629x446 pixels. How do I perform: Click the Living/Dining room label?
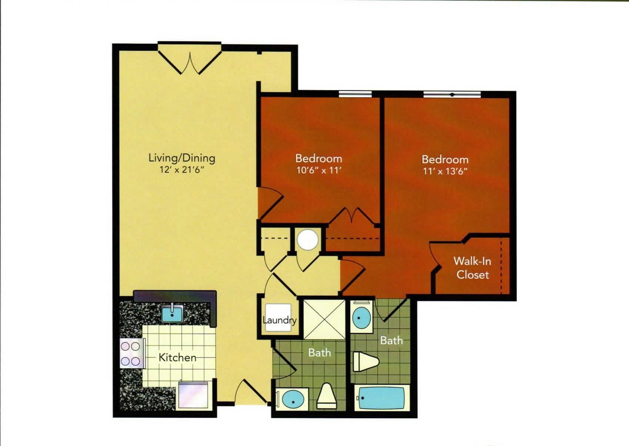pyautogui.click(x=182, y=158)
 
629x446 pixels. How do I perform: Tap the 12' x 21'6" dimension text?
pyautogui.click(x=181, y=170)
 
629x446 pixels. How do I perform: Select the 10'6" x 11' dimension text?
pyautogui.click(x=319, y=170)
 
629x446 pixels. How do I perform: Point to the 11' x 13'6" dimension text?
pyautogui.click(x=445, y=171)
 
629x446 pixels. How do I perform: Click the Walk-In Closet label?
pyautogui.click(x=472, y=268)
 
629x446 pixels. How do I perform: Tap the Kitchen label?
pyautogui.click(x=177, y=357)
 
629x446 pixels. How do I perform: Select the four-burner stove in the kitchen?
pyautogui.click(x=132, y=353)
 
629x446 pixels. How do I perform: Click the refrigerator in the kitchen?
pyautogui.click(x=194, y=395)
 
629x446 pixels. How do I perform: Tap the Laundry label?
pyautogui.click(x=279, y=320)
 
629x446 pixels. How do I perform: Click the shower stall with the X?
pyautogui.click(x=324, y=320)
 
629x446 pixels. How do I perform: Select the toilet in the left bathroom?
pyautogui.click(x=326, y=396)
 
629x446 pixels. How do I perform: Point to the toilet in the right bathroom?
pyautogui.click(x=366, y=362)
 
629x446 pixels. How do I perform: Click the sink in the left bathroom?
pyautogui.click(x=292, y=399)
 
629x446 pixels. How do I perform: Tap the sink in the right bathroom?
pyautogui.click(x=362, y=318)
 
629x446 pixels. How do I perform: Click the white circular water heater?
pyautogui.click(x=308, y=240)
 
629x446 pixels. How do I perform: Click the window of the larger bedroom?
pyautogui.click(x=452, y=95)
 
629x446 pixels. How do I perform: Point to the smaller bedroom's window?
pyautogui.click(x=355, y=94)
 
